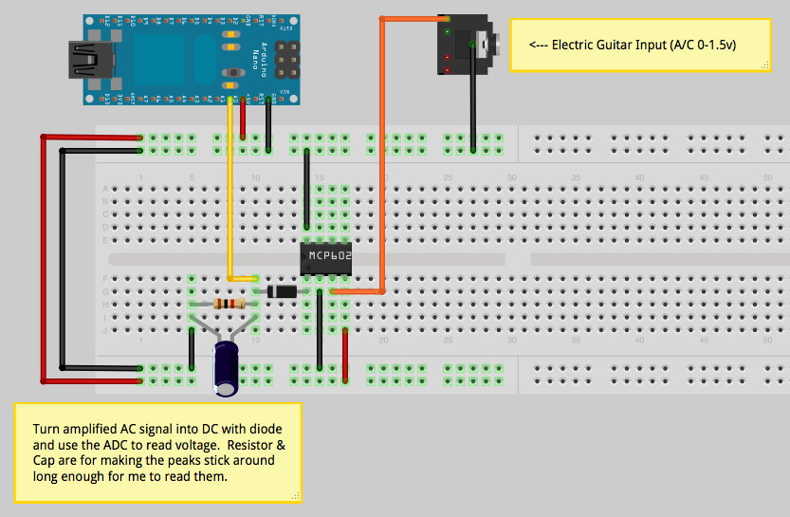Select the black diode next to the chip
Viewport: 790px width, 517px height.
(282, 290)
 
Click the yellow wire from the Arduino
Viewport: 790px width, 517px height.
(230, 190)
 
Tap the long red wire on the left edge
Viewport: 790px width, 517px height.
(43, 256)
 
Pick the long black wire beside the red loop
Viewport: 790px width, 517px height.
(64, 256)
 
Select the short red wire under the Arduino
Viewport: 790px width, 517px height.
(244, 119)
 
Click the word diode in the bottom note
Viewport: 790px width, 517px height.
(271, 427)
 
